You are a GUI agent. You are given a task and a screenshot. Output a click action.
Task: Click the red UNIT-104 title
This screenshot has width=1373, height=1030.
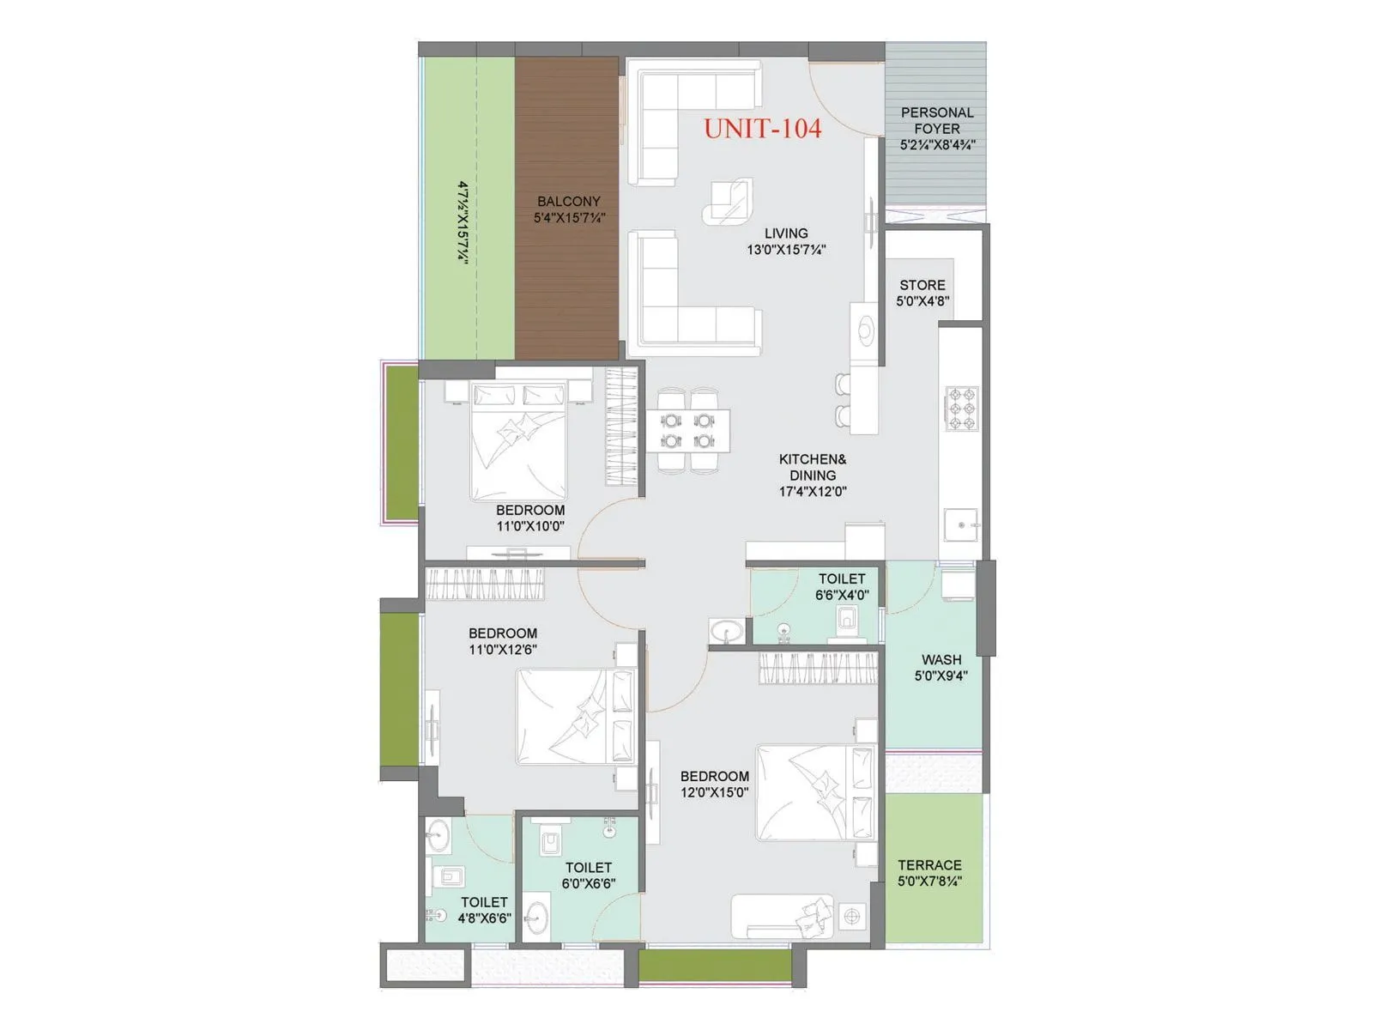coord(762,129)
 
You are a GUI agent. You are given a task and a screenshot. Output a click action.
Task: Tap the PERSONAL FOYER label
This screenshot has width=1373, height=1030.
coord(937,120)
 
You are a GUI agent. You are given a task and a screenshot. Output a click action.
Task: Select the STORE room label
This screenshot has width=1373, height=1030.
coord(922,285)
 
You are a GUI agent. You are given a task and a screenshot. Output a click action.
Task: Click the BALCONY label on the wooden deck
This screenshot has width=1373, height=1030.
coord(569,202)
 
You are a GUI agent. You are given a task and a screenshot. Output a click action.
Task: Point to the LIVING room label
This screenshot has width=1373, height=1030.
coord(786,233)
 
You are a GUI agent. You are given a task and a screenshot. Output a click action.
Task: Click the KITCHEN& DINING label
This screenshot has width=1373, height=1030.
coord(813,467)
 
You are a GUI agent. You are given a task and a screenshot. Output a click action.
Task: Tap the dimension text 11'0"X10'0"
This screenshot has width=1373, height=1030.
coord(530,526)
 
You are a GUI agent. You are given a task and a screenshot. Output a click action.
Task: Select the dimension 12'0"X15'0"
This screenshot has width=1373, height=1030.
coord(715,792)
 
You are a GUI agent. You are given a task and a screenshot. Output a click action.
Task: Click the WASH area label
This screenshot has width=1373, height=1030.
coord(941,660)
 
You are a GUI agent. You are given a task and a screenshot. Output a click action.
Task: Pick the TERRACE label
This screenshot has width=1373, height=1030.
coord(929,865)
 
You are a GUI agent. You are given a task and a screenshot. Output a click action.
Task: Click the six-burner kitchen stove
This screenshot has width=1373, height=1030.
coord(962,409)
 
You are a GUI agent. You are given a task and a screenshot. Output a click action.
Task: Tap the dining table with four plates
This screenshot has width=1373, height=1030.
coord(689,430)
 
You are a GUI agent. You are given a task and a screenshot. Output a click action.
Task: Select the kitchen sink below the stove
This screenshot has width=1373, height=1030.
coord(960,524)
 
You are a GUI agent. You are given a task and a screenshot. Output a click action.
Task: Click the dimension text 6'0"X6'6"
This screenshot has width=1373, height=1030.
coord(589,884)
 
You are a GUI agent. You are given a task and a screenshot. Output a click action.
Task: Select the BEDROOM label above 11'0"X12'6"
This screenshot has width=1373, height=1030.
coord(503,633)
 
